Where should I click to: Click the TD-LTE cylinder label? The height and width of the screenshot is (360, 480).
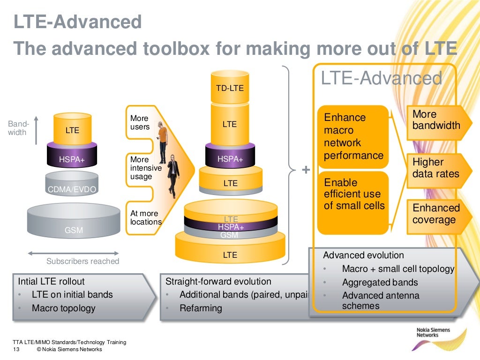(230, 88)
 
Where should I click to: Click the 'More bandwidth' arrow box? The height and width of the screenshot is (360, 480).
(436, 120)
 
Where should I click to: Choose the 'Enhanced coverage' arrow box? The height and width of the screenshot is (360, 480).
(436, 214)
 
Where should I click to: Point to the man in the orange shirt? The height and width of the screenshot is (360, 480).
(162, 141)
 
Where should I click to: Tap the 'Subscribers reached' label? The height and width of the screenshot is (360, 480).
(82, 261)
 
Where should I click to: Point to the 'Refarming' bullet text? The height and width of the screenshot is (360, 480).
(201, 308)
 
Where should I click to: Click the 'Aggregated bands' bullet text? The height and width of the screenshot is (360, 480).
(380, 282)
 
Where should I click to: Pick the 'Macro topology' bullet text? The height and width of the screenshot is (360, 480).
(63, 308)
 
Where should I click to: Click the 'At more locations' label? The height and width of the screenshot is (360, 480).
(145, 217)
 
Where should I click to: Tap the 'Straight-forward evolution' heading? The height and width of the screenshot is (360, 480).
(218, 282)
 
